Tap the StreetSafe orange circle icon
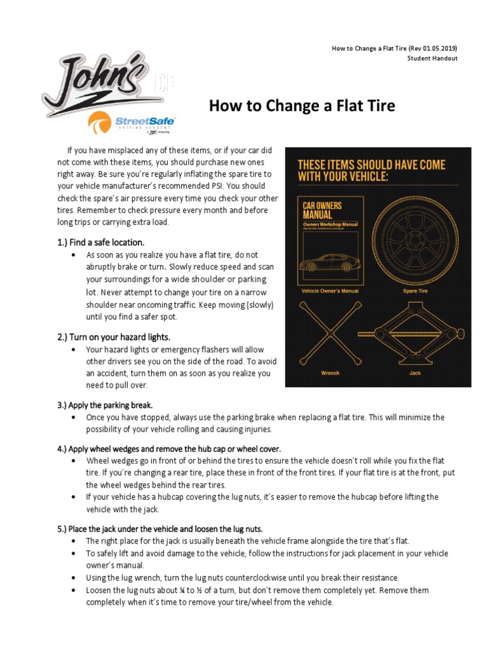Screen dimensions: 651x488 (101, 123)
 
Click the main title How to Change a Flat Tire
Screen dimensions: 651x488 (302, 106)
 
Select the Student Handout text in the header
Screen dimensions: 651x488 (432, 58)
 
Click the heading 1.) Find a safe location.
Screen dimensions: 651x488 (102, 242)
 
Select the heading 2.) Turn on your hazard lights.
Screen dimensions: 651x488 (114, 336)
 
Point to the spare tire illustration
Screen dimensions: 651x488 (416, 241)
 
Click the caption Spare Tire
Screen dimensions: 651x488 (416, 291)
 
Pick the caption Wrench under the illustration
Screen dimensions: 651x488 (330, 373)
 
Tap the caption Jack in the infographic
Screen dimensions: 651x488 (416, 373)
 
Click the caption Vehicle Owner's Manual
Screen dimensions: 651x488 (330, 291)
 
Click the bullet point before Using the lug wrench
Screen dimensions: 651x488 (74, 578)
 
